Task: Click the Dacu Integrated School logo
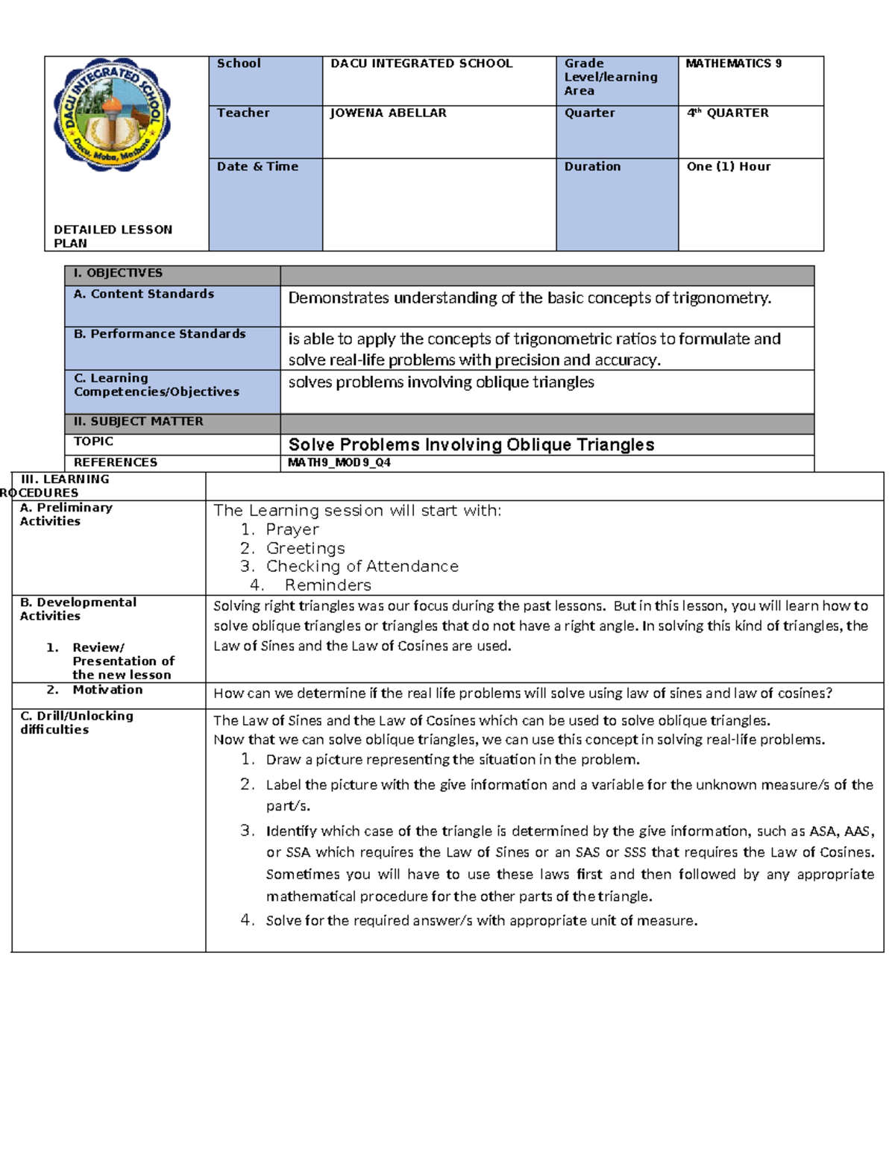113,115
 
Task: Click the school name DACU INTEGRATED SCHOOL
421,63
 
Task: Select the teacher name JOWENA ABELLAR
388,113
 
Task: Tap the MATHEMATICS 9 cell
733,63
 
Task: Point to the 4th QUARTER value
727,113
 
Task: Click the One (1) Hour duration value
728,166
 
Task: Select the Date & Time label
257,166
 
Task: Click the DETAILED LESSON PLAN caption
113,236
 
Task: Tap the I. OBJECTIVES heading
118,273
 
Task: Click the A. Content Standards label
144,294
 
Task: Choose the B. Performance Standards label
160,333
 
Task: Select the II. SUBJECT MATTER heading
138,421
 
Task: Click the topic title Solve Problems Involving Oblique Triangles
471,444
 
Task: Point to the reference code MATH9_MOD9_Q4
339,462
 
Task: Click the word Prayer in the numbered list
292,529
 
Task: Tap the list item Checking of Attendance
362,566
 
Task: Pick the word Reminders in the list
327,585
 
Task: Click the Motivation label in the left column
107,690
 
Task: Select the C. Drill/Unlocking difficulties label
77,722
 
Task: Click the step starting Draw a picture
453,760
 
